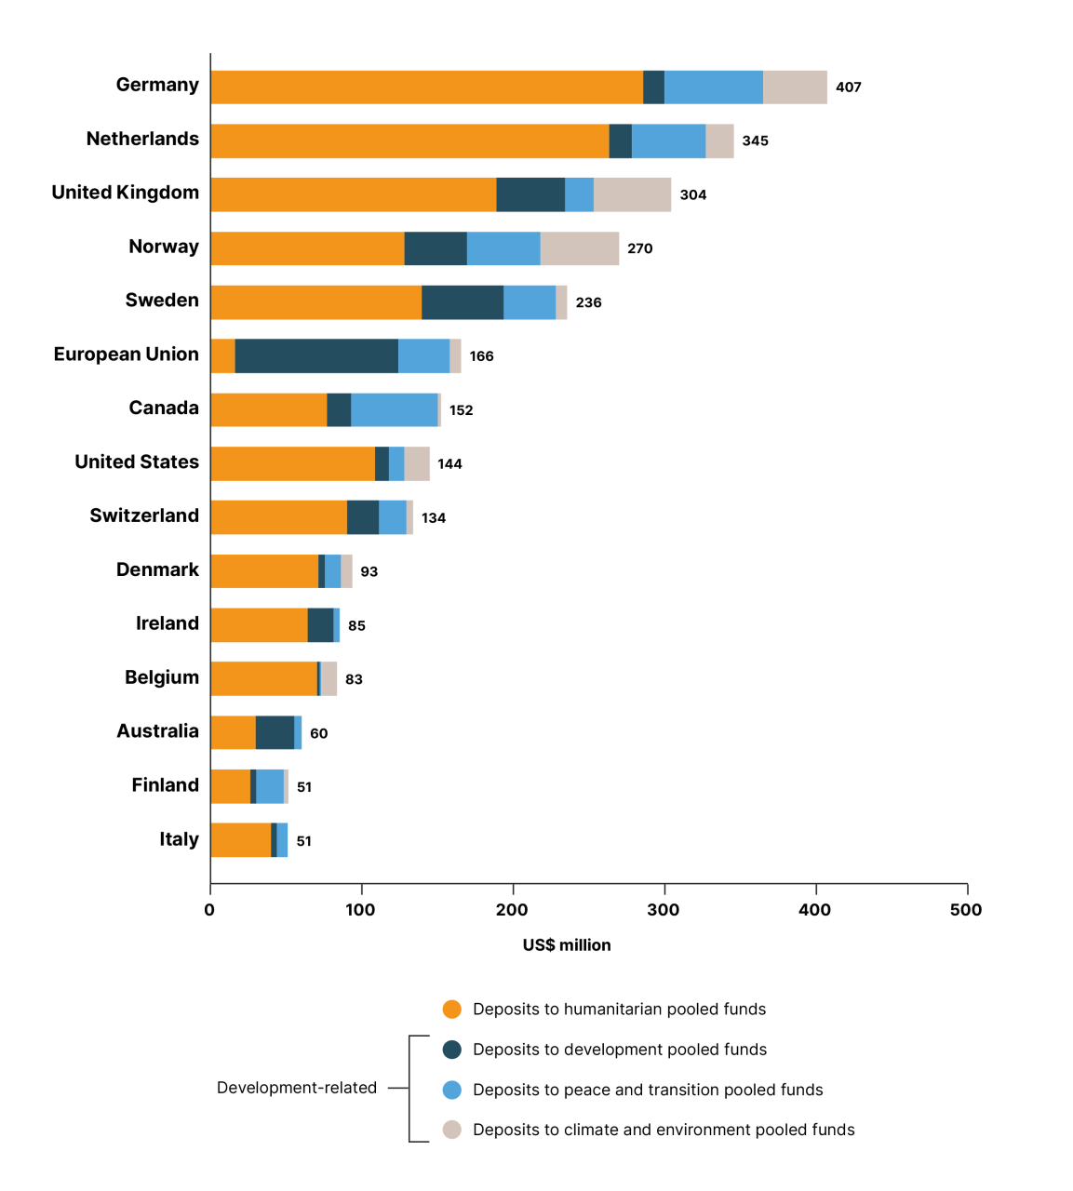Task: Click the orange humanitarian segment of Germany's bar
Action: (x=426, y=87)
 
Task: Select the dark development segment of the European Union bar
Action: (x=316, y=356)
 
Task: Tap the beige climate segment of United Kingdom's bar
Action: (x=632, y=194)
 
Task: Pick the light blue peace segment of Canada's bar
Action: (x=395, y=410)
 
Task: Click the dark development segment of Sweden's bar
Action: (x=463, y=302)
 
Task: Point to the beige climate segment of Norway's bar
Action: (x=579, y=248)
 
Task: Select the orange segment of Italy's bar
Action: (x=240, y=840)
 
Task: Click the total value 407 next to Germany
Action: (x=848, y=87)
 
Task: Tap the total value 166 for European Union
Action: (x=481, y=356)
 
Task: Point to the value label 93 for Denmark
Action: (x=369, y=571)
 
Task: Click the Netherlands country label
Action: (x=142, y=139)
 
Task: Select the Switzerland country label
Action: (x=144, y=515)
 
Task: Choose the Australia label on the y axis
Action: (x=157, y=731)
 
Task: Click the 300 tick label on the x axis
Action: (x=664, y=910)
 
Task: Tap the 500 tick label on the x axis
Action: (x=966, y=910)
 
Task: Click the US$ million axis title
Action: (x=567, y=945)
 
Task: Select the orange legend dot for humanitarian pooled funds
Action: (x=452, y=1010)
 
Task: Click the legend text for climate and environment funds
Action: (x=664, y=1130)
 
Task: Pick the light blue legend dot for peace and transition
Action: (x=452, y=1090)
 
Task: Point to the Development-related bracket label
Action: (x=297, y=1088)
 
